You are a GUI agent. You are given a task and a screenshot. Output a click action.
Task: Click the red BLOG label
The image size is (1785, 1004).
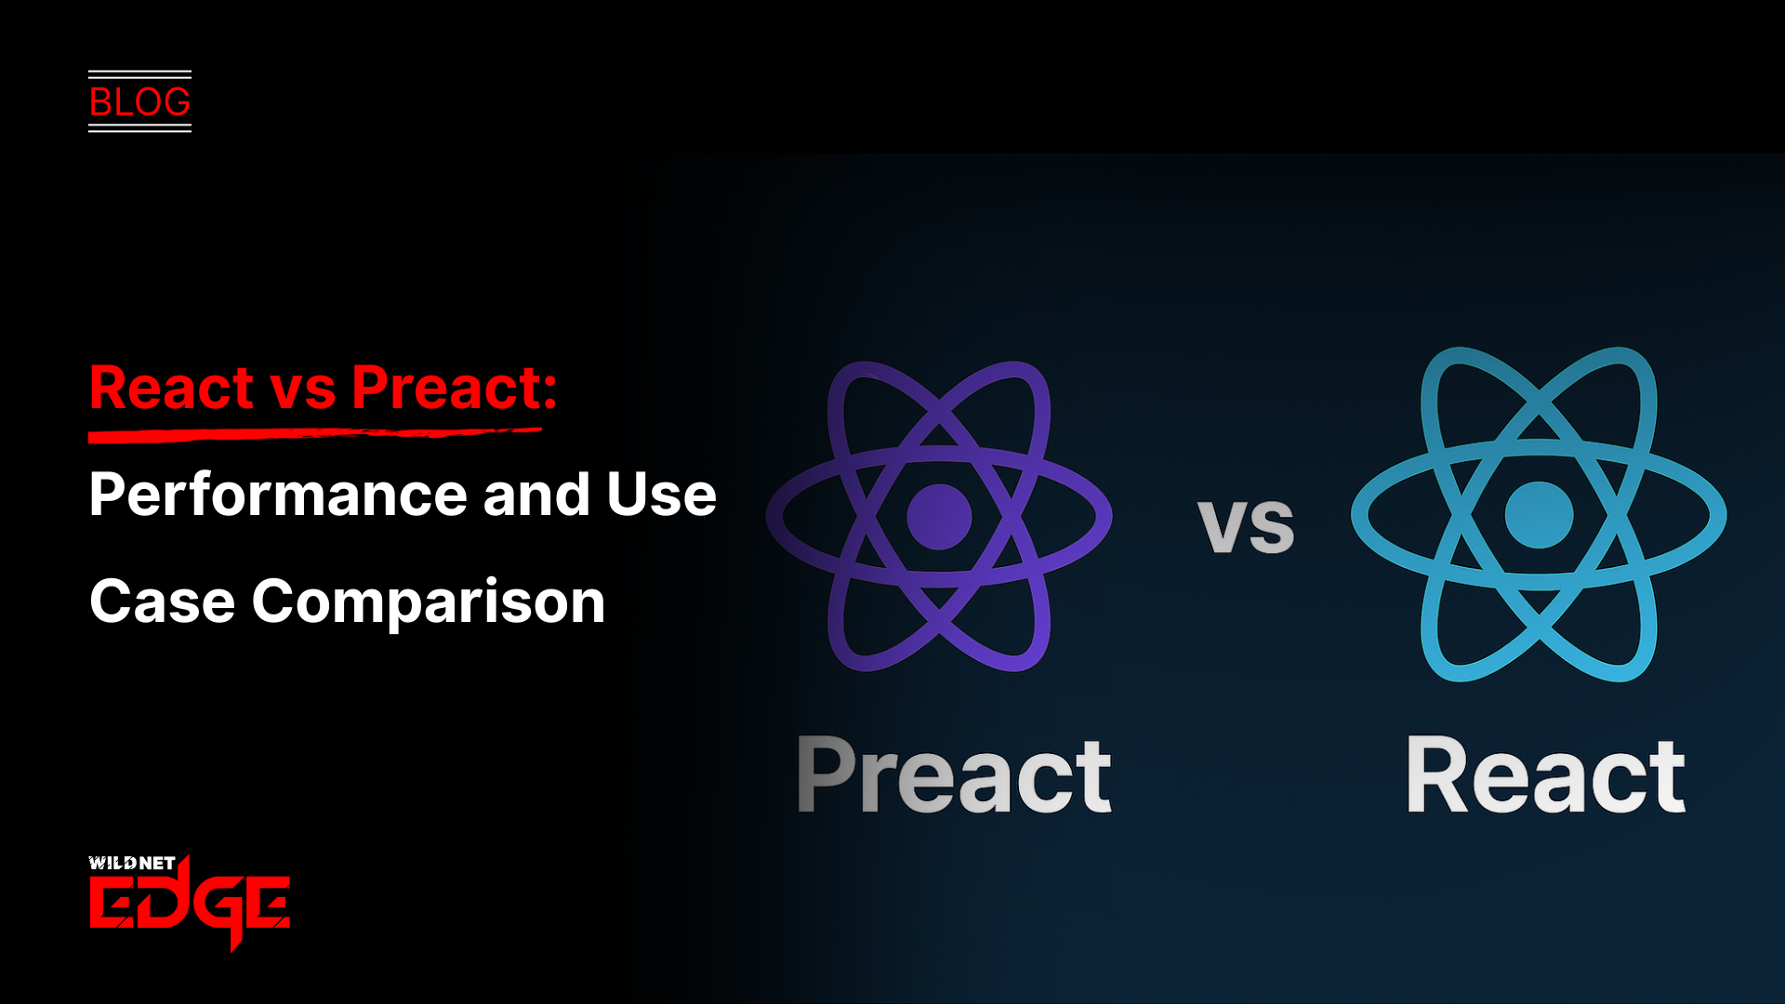click(139, 102)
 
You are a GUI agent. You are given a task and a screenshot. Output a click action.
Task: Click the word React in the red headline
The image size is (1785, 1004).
click(172, 388)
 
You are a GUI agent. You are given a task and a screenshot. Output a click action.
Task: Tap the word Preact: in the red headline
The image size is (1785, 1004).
click(454, 388)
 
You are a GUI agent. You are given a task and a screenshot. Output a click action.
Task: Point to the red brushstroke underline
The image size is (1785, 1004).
click(314, 433)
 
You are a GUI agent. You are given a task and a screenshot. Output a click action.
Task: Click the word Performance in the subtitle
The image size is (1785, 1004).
click(278, 495)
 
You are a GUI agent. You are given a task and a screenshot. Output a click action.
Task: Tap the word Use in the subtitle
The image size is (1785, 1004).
click(661, 495)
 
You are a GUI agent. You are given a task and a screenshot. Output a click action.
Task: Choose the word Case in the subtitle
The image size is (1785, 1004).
click(162, 601)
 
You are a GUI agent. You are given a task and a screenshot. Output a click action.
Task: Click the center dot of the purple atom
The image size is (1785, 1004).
click(939, 516)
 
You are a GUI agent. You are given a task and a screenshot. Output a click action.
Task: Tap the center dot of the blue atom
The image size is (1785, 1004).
click(1539, 515)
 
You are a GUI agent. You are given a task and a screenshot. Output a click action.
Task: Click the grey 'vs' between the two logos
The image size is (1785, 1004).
click(1246, 526)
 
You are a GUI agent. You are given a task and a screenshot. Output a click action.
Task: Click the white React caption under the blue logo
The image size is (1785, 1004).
click(1545, 774)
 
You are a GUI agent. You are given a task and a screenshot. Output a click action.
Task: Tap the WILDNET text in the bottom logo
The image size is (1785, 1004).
click(132, 863)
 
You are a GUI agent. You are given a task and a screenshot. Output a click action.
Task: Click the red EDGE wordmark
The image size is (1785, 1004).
click(190, 903)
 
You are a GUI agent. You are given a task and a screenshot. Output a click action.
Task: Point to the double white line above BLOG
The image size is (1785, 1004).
click(139, 73)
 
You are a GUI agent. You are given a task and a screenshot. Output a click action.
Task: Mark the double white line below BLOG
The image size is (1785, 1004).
click(139, 128)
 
